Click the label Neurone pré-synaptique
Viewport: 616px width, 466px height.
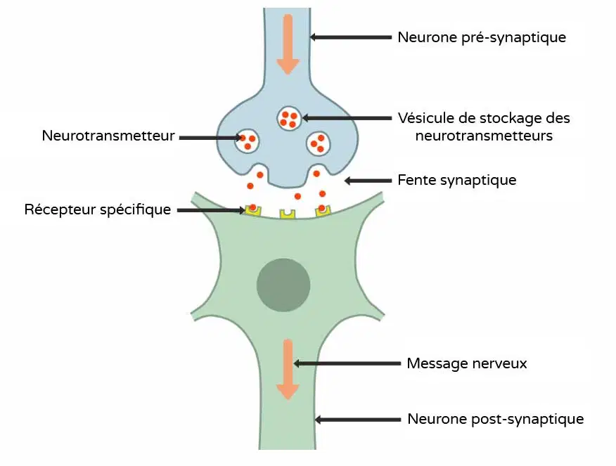click(482, 38)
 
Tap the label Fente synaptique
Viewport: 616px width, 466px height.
click(457, 180)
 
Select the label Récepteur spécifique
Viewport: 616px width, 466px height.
click(98, 209)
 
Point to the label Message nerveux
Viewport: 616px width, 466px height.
click(467, 363)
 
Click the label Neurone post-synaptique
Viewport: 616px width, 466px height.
click(495, 420)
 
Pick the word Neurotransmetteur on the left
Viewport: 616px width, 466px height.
click(108, 136)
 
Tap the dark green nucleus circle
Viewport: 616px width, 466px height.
click(283, 285)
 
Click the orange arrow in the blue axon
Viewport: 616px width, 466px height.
click(288, 44)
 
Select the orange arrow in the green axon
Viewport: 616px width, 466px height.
click(288, 369)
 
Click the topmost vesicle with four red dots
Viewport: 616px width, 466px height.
click(289, 119)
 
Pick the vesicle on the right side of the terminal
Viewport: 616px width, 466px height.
click(319, 143)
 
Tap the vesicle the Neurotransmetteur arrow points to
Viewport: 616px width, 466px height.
click(247, 141)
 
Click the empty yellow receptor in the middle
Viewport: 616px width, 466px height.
click(288, 214)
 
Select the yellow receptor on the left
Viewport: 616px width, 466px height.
click(253, 210)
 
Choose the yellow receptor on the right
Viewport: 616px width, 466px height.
click(323, 210)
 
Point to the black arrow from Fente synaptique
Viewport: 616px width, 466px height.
click(368, 181)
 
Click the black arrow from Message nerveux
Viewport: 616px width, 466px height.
click(347, 363)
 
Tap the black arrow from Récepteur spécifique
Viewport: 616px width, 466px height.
click(212, 210)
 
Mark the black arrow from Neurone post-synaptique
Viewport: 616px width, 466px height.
click(358, 420)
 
